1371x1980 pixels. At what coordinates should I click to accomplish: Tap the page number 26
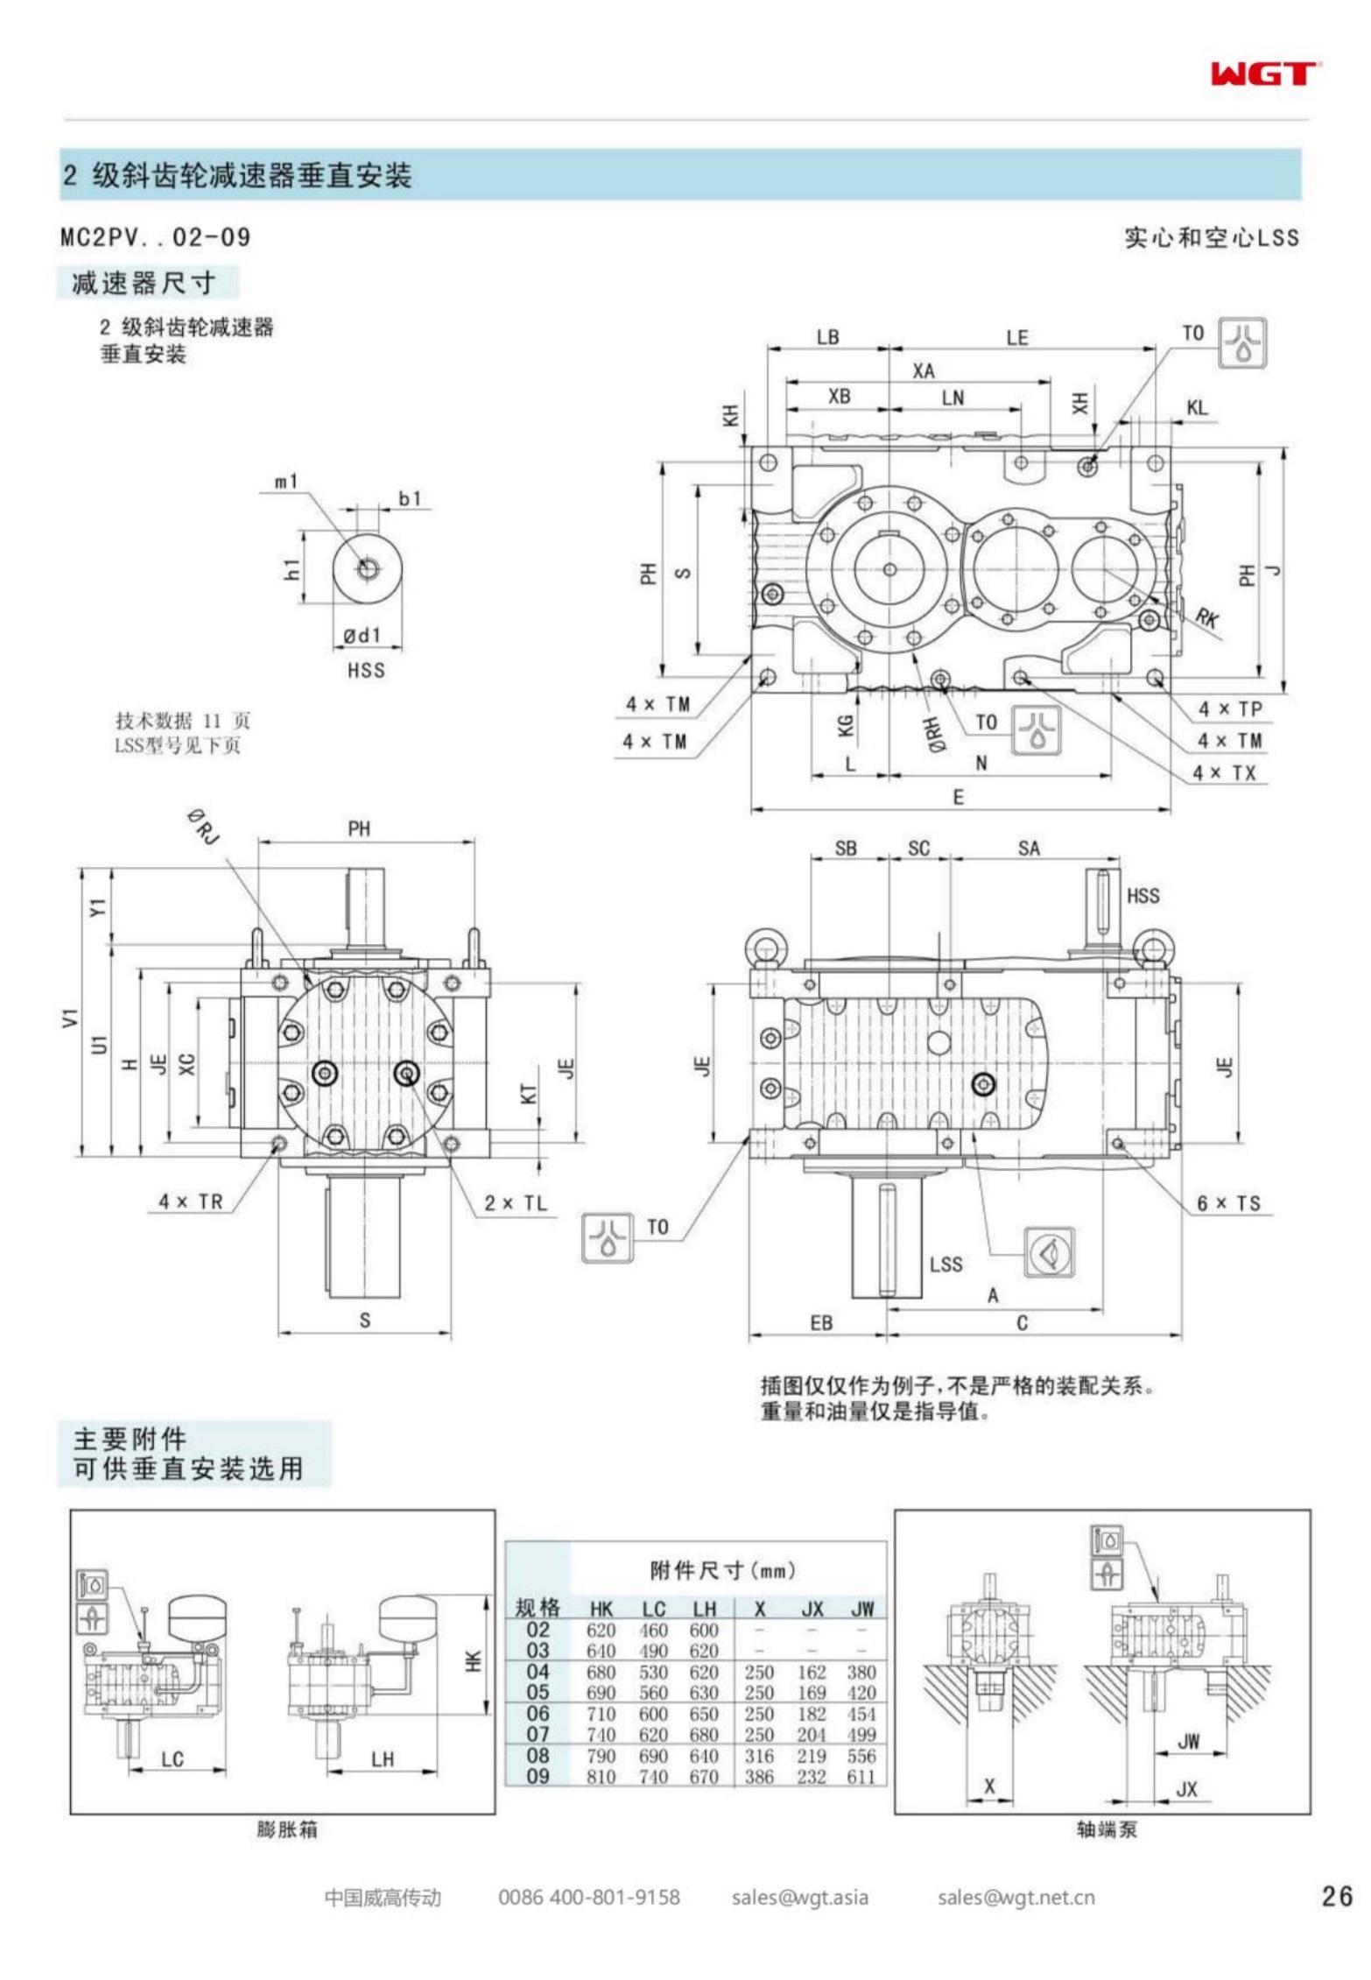1337,1897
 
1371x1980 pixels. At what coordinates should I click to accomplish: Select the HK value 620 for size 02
601,1630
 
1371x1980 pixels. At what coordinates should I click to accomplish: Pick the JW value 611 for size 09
861,1776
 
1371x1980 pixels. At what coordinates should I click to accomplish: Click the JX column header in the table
812,1608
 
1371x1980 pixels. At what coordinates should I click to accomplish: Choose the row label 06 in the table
538,1713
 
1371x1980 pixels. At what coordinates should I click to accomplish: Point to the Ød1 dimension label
362,636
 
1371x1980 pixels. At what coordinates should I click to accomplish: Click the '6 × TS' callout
1228,1203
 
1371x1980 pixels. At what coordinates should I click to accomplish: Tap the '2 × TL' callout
516,1203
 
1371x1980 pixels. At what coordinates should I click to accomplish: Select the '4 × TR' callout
191,1201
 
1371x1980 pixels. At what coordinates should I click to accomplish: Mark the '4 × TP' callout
1230,708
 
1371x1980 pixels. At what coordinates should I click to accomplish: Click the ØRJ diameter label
203,827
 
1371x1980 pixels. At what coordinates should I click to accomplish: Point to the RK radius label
1207,617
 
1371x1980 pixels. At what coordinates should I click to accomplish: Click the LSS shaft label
946,1264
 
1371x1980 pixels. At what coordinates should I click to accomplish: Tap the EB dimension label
820,1323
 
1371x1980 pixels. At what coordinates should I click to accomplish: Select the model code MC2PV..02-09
155,237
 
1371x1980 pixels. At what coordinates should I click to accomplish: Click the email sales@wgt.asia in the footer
799,1898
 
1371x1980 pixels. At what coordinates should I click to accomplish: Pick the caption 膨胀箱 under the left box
287,1829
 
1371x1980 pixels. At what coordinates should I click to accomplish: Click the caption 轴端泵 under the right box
1107,1829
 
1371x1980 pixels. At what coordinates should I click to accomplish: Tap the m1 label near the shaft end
286,482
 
